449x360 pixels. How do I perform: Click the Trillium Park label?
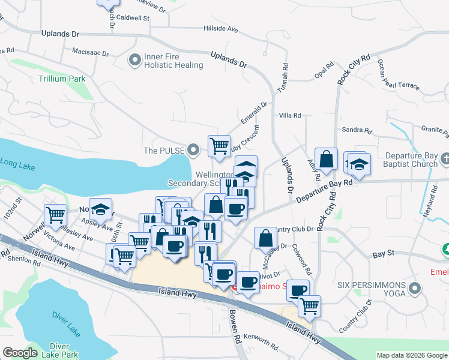pos(62,79)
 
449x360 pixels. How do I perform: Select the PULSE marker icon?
pos(193,149)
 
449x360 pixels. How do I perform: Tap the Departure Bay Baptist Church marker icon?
pos(444,159)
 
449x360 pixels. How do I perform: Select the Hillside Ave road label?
pos(221,28)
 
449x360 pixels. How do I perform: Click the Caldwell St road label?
pos(133,19)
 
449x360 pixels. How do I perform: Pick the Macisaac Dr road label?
pos(89,53)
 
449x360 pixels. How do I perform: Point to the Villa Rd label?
pos(290,115)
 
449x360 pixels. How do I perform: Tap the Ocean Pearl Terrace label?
pos(399,78)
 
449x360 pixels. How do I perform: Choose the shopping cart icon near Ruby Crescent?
pos(219,145)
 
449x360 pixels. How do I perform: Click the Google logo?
pos(20,353)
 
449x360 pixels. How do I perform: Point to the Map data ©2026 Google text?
pos(411,355)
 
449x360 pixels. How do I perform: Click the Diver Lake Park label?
pos(64,350)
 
